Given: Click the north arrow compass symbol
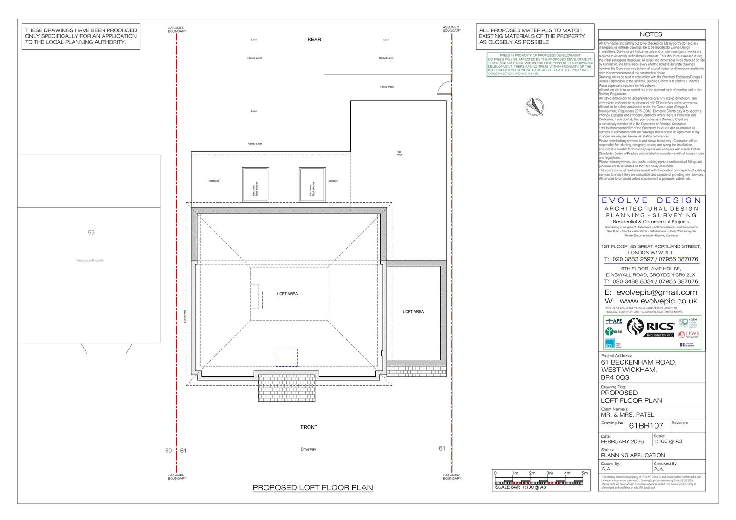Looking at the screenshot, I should tap(535, 106).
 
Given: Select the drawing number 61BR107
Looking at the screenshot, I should tap(646, 426).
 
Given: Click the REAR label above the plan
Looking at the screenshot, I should tap(314, 40).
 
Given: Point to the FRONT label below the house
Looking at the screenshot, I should tap(309, 427).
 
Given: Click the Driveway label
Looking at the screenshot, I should tap(308, 449).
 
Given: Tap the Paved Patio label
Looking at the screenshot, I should tap(387, 87).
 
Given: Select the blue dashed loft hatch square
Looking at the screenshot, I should tap(287, 358).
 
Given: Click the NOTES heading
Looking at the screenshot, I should tap(651, 34).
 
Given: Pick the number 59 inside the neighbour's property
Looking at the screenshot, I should tap(91, 233).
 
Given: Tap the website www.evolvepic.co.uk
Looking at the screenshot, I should tap(658, 301).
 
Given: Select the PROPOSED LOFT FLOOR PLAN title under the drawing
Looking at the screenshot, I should tap(313, 487).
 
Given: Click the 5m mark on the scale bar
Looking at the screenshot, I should tap(585, 473).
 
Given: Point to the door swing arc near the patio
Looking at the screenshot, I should tap(444, 87).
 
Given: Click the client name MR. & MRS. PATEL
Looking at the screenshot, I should tap(627, 415).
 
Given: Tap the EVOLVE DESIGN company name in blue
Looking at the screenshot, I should tap(651, 200).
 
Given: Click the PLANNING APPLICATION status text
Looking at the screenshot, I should tap(632, 455).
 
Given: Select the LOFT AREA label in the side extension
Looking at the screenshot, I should tap(413, 312).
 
